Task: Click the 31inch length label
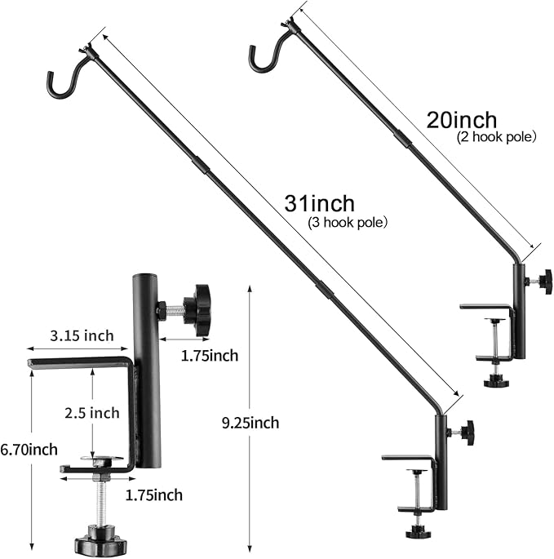320,203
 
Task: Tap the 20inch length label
461,120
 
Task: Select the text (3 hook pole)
347,221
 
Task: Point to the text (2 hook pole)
495,137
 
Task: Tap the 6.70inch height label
29,449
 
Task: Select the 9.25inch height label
250,422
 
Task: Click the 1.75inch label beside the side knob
210,355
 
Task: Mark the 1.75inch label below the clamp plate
154,495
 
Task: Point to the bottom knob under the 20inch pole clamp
494,380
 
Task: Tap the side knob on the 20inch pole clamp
545,281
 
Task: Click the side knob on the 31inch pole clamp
467,433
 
